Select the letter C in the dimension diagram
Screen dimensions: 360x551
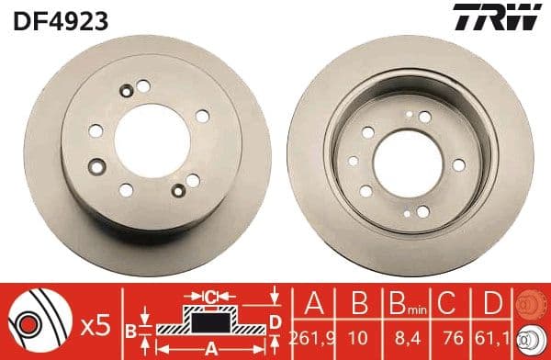click(211, 296)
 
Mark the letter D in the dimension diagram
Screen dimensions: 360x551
click(275, 321)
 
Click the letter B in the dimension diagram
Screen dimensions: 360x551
click(130, 328)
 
